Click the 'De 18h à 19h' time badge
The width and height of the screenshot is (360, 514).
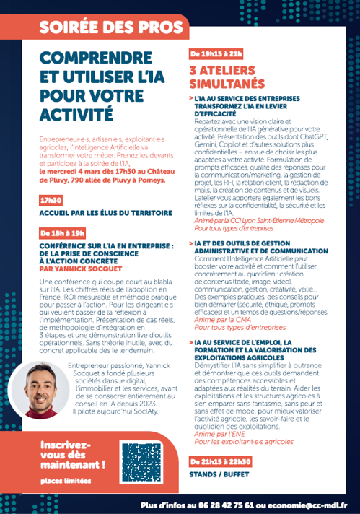pyautogui.click(x=63, y=232)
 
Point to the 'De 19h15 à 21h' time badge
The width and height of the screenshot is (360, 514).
pyautogui.click(x=216, y=53)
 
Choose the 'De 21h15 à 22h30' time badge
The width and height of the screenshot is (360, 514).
pyautogui.click(x=221, y=461)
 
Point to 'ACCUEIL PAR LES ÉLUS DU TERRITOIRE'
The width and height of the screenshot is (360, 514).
pyautogui.click(x=106, y=213)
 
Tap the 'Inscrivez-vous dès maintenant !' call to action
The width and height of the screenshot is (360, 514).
pyautogui.click(x=73, y=454)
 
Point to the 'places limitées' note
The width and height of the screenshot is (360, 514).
pyautogui.click(x=61, y=480)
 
